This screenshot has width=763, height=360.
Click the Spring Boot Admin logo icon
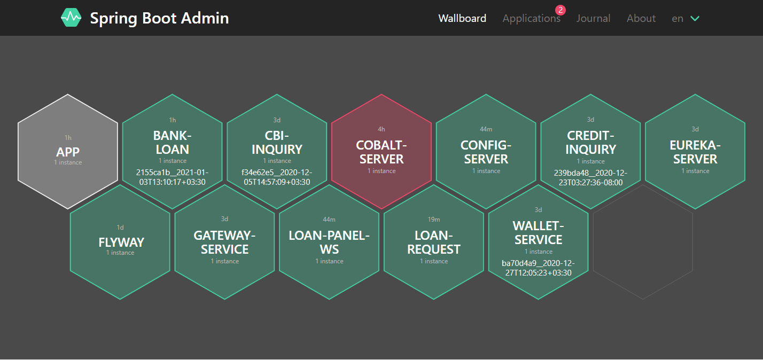[x=71, y=18]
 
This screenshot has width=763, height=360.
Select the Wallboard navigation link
[x=462, y=18]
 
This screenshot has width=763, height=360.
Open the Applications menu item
[x=531, y=18]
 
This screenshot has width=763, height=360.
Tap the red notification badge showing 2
[x=560, y=10]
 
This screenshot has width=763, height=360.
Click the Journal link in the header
[x=593, y=18]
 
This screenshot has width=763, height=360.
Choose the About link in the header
[x=641, y=18]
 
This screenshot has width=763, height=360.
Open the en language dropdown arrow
[x=695, y=18]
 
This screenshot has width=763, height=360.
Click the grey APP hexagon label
[x=68, y=152]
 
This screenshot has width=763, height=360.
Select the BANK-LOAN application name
[x=172, y=142]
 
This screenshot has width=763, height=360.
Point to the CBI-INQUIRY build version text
[x=277, y=177]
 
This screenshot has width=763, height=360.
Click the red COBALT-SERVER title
[x=381, y=152]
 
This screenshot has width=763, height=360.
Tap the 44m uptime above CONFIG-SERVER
[x=486, y=129]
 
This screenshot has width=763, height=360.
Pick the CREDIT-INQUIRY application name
[x=590, y=142]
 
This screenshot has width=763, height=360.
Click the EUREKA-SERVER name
[x=695, y=152]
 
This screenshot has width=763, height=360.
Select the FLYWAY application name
[x=121, y=242]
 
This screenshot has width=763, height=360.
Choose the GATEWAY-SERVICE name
[x=224, y=242]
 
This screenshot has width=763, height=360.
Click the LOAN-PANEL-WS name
[x=329, y=242]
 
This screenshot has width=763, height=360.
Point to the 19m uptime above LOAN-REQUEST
[x=434, y=220]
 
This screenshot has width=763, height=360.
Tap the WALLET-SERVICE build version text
[x=538, y=268]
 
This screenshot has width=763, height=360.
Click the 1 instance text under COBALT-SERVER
[x=381, y=171]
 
